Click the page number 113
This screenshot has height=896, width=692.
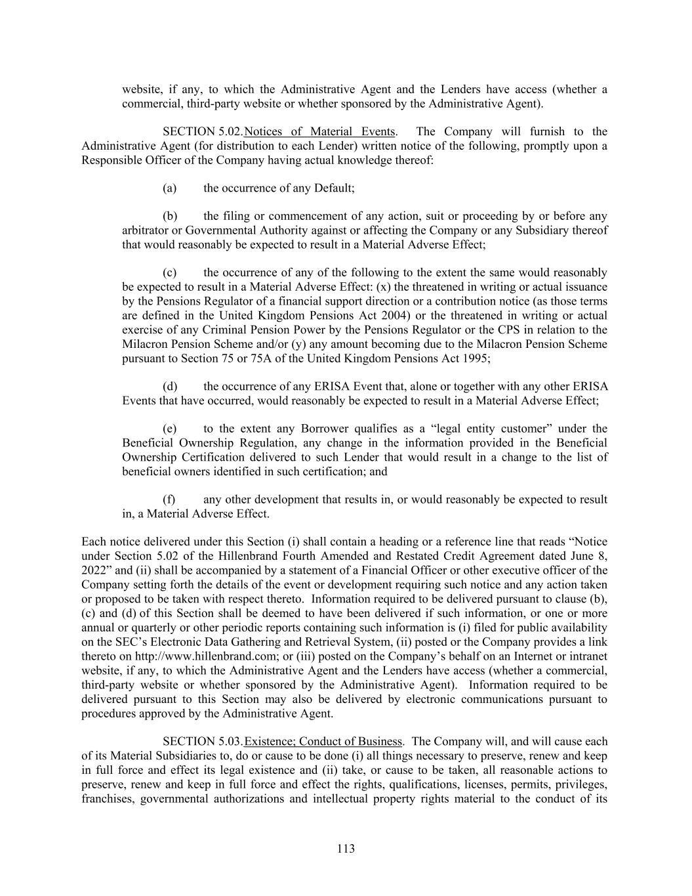[346, 849]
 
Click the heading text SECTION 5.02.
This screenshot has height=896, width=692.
[203, 132]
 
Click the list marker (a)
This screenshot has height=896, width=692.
[170, 188]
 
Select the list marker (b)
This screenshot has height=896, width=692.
[170, 217]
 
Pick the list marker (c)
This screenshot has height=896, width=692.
[170, 273]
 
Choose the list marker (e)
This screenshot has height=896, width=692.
[170, 429]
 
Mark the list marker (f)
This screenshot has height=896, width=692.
[169, 500]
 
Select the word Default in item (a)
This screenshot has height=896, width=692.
[333, 188]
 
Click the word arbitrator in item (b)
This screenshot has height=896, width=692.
[146, 230]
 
